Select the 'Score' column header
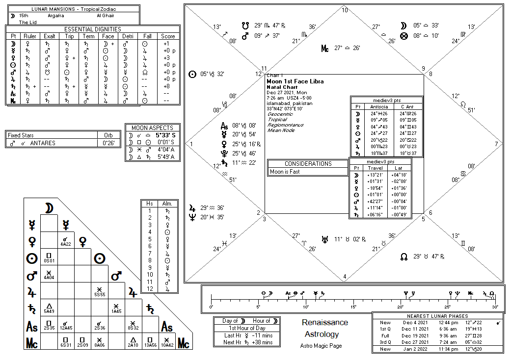(168, 36)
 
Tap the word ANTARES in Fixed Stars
(43, 143)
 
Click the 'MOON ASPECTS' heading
(152, 128)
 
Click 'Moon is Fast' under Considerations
(285, 172)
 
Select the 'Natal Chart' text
(281, 87)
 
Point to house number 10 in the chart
(345, 10)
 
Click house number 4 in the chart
(345, 277)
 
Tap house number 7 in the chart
(496, 144)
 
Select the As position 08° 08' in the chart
(236, 125)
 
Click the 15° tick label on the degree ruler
(353, 307)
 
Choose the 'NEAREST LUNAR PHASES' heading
(438, 316)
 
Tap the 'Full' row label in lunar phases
(385, 335)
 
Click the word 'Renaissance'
(325, 322)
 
